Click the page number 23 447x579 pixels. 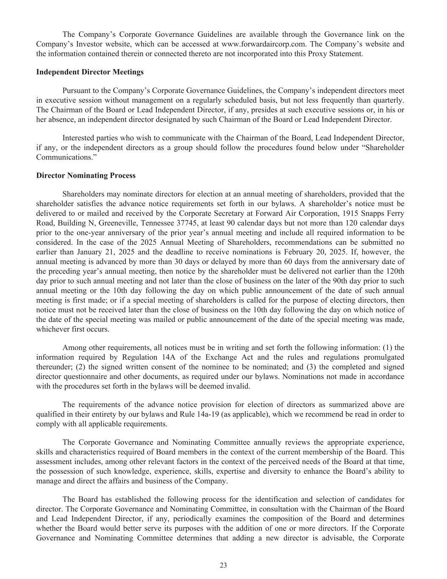(x=223, y=565)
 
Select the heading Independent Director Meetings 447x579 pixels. (x=90, y=72)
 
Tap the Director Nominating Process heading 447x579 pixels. (x=86, y=176)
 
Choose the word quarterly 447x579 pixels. (x=389, y=100)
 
